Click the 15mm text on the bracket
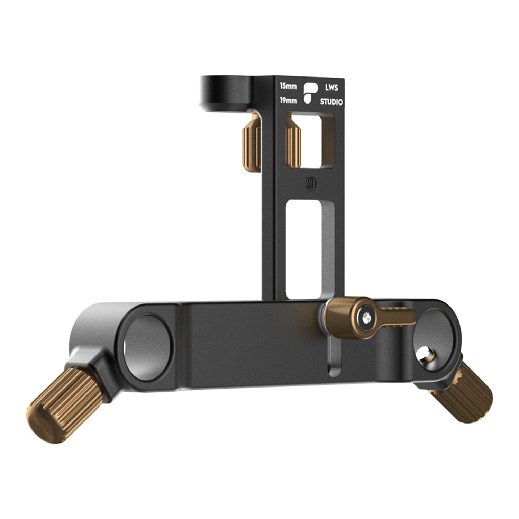288,86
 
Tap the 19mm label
288,101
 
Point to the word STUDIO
331,102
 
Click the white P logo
310,93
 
